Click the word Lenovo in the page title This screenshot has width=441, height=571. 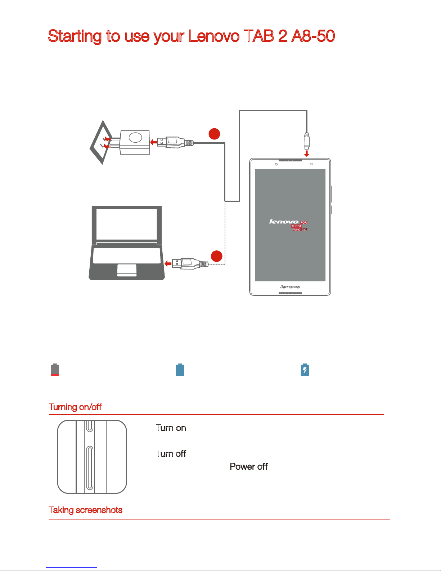click(214, 36)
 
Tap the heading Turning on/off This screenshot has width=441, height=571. click(75, 407)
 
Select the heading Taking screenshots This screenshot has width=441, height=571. click(86, 510)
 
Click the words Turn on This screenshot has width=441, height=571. click(171, 428)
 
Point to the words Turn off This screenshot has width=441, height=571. click(171, 454)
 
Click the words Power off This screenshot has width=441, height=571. click(248, 467)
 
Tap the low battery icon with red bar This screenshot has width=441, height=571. click(55, 370)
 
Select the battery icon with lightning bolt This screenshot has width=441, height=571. click(305, 370)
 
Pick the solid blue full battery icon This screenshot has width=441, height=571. click(180, 370)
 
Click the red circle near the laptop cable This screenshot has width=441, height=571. click(216, 256)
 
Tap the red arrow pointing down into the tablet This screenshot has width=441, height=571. click(306, 153)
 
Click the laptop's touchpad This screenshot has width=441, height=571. click(127, 270)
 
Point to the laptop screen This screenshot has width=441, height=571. click(127, 224)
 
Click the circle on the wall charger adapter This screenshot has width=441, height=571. click(135, 138)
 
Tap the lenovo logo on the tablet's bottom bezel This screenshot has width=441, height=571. click(290, 287)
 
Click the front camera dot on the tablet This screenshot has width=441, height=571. click(276, 164)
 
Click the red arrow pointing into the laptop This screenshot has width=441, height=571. click(168, 264)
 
